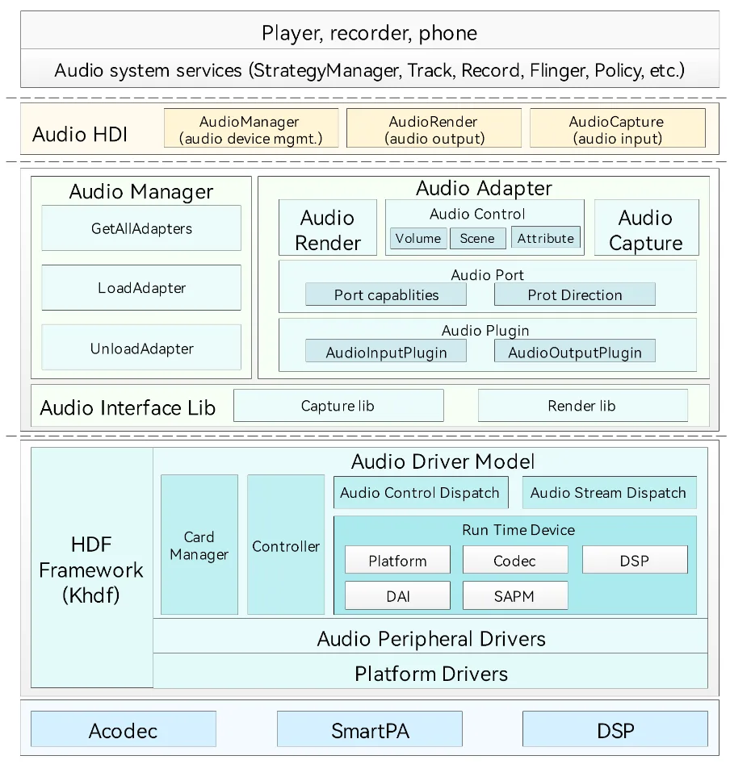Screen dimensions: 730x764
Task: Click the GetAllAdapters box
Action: click(141, 228)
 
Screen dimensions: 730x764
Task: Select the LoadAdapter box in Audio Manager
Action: click(141, 287)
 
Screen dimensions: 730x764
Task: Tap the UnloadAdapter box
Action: click(141, 348)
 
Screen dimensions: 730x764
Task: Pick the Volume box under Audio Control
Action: click(418, 238)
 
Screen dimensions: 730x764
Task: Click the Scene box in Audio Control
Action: click(477, 238)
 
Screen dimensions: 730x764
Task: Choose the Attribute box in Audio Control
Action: click(546, 237)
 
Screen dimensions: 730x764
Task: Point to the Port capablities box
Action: click(386, 294)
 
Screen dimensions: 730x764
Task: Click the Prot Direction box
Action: click(574, 294)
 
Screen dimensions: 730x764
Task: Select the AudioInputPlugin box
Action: click(386, 351)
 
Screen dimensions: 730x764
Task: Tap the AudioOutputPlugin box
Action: click(574, 351)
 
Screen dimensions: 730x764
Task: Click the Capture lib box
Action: click(338, 405)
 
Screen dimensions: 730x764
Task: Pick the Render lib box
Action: click(583, 405)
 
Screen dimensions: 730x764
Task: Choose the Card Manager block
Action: click(199, 545)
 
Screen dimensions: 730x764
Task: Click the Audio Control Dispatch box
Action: click(421, 493)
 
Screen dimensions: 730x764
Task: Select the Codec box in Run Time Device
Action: click(515, 560)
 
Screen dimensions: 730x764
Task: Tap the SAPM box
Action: click(515, 595)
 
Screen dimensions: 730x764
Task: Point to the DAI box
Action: click(397, 595)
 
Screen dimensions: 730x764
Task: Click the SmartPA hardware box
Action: click(370, 729)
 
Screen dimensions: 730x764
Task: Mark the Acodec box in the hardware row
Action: click(124, 729)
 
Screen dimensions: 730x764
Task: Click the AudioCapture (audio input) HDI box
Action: click(618, 128)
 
